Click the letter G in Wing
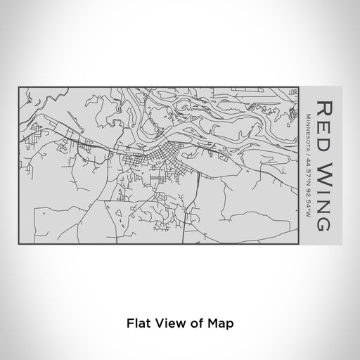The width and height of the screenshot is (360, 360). [x=325, y=224]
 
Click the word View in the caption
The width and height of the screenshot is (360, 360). [x=167, y=324]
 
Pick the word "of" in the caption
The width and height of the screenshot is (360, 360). [x=193, y=324]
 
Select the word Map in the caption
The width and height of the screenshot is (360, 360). [x=217, y=324]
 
